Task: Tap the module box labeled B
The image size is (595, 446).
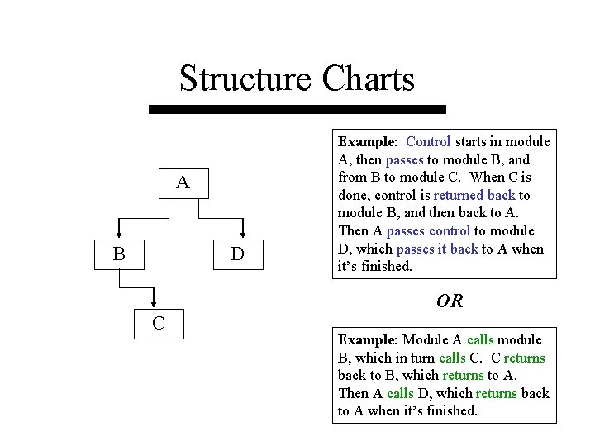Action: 119,254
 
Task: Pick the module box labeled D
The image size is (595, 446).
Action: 237,254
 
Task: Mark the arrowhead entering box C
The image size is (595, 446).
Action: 153,304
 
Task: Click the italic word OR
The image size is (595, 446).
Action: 450,301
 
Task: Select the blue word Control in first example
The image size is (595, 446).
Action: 428,141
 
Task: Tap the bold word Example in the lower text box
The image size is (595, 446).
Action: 367,339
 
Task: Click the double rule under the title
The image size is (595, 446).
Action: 297,108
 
